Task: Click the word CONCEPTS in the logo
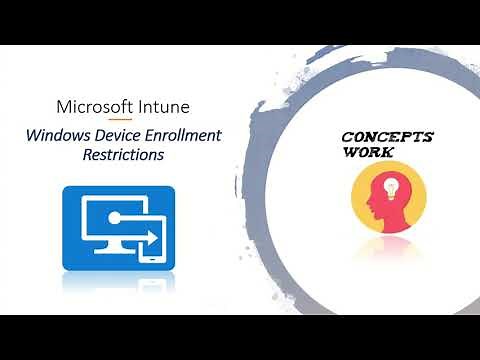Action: (387, 138)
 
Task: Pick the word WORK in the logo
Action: (369, 152)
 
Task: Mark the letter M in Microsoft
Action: (62, 106)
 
